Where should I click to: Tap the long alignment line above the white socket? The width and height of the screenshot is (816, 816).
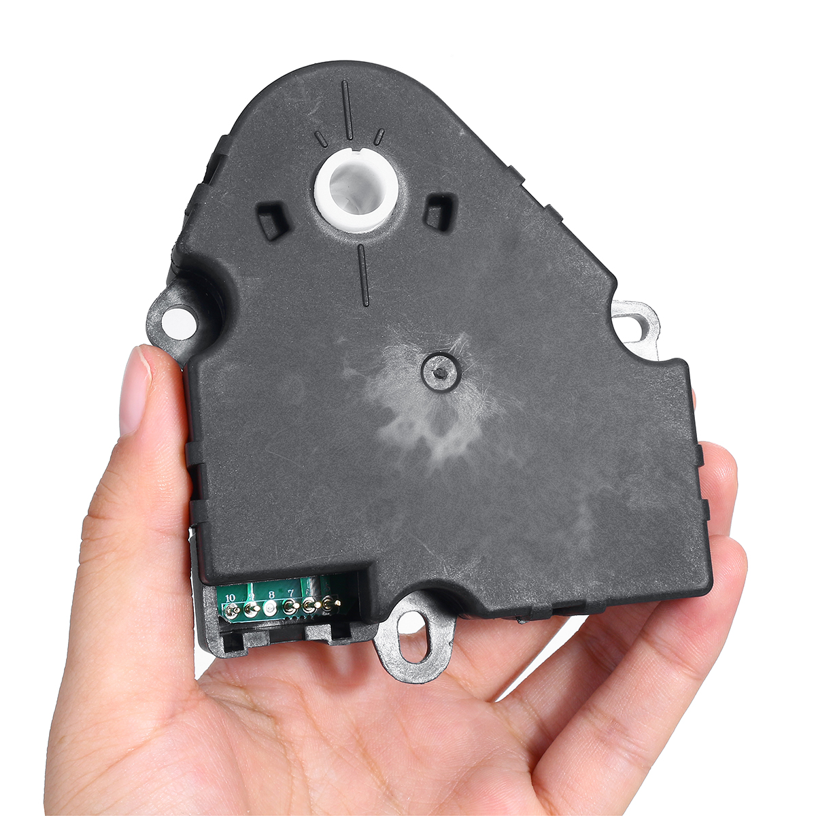coord(347,109)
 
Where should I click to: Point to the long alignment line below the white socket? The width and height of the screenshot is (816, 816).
coord(363,275)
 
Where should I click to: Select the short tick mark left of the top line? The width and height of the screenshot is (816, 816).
coord(320,139)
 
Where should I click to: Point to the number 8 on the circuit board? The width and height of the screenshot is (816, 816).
coord(271,594)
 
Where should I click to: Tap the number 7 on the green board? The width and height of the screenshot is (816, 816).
coord(291,592)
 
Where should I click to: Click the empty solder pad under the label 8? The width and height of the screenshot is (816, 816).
coord(271,609)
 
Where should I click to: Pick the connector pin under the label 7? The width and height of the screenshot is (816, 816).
coord(290,607)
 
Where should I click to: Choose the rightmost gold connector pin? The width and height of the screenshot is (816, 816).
coord(330,602)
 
